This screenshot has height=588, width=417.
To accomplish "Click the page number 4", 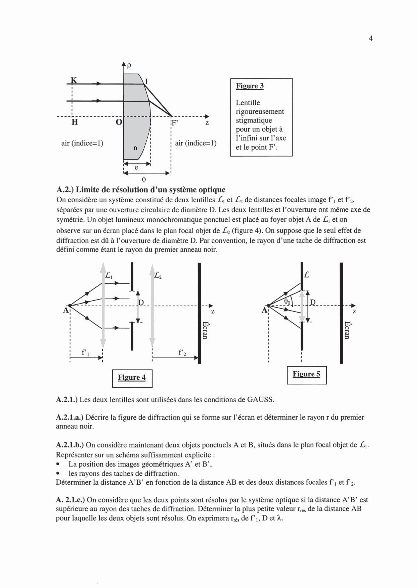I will (x=371, y=38).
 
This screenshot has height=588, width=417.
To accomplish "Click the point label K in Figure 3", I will (x=74, y=80).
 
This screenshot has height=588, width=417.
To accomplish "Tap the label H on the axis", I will (x=74, y=122).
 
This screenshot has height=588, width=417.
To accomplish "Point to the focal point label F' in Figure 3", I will (x=175, y=123).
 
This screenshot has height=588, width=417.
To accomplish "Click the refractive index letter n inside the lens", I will (x=135, y=148).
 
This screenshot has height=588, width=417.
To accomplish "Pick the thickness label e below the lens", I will (x=136, y=168).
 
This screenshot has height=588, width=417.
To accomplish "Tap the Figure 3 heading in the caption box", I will (x=250, y=86).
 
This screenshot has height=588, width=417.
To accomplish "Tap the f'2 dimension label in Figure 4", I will (x=182, y=353).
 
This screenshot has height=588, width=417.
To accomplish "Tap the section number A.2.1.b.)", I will (x=70, y=445).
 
